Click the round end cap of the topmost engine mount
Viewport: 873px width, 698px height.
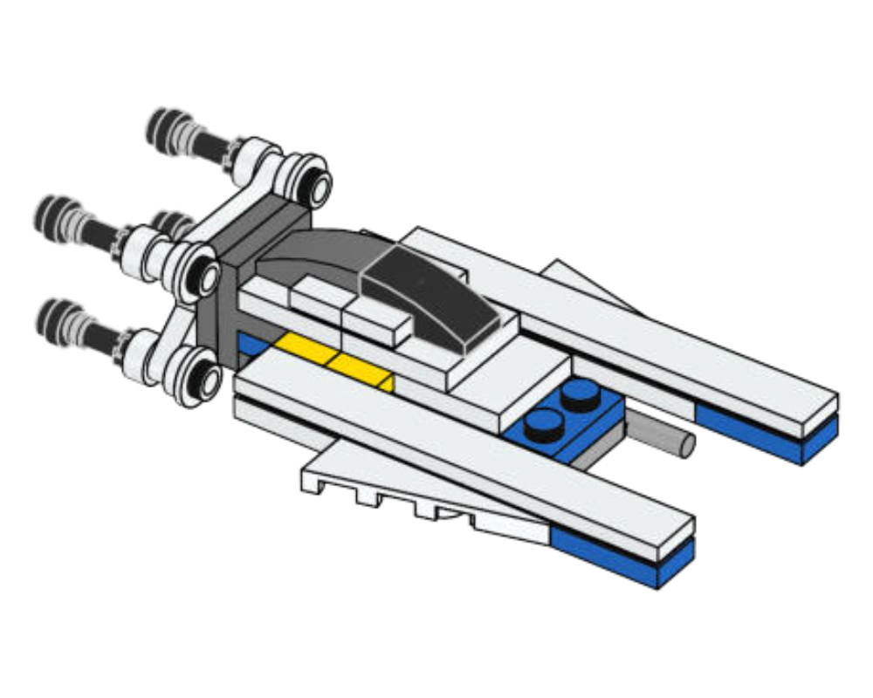314,186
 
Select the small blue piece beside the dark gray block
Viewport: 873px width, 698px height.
251,346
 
